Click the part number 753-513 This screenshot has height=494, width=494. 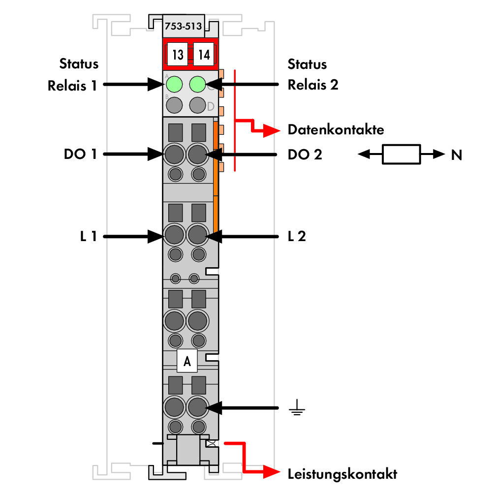point(183,26)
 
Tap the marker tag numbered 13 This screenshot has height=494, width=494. point(178,54)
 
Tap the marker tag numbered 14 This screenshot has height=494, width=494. point(204,54)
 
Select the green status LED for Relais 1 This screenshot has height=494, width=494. point(174,84)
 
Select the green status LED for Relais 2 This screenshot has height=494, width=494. point(197,84)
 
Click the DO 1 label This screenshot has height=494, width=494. point(80,154)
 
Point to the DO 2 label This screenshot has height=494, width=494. point(305,154)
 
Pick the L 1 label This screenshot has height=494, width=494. point(88,236)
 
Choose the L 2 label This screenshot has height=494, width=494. point(297,236)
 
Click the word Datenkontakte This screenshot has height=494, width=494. point(336,130)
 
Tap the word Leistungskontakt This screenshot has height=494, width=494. point(342,474)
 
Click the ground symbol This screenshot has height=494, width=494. point(297,407)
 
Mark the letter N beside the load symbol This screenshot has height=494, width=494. point(457,154)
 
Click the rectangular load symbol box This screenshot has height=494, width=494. point(401,154)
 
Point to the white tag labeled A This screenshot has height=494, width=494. point(187,361)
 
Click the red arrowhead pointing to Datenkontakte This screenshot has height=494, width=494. point(272,130)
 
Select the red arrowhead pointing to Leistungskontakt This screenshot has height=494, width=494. point(272,472)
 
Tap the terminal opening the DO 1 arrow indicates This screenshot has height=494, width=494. point(174,154)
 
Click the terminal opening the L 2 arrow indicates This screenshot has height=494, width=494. point(197,235)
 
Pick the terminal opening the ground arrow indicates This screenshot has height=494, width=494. point(197,407)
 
